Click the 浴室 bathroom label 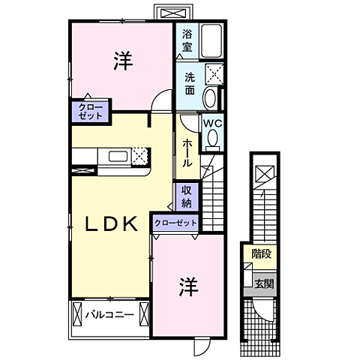click(187, 40)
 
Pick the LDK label click(109, 223)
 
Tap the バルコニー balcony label click(109, 314)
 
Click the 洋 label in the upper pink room click(124, 61)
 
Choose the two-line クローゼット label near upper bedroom click(90, 112)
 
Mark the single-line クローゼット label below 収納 click(175, 223)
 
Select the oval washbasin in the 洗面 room click(210, 98)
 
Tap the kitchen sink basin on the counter click(118, 157)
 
